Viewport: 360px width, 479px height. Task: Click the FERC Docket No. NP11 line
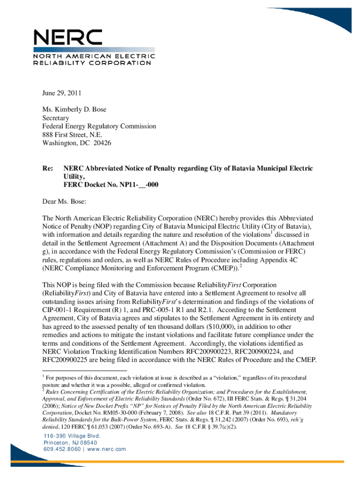click(x=111, y=185)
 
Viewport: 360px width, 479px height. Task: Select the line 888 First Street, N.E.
click(x=72, y=135)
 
